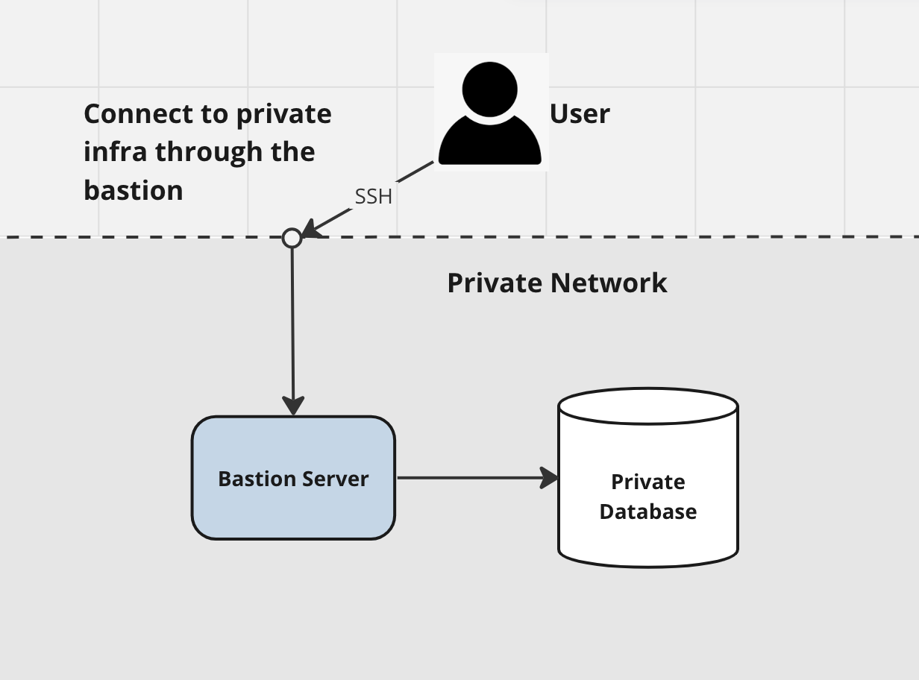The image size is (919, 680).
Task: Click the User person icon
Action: [x=490, y=113]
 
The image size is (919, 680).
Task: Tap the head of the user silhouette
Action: [x=490, y=88]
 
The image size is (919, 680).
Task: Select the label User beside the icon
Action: [x=580, y=113]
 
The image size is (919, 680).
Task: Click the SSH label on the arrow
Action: [x=373, y=197]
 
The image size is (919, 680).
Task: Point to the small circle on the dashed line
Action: [x=292, y=238]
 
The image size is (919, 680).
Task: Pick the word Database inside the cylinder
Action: [x=647, y=511]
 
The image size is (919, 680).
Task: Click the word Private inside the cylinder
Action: [x=647, y=482]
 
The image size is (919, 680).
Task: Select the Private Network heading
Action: [x=556, y=283]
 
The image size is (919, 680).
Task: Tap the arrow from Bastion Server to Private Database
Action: [x=470, y=478]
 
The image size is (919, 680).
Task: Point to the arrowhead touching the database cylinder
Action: [x=551, y=478]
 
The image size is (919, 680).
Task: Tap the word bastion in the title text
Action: [x=134, y=191]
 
